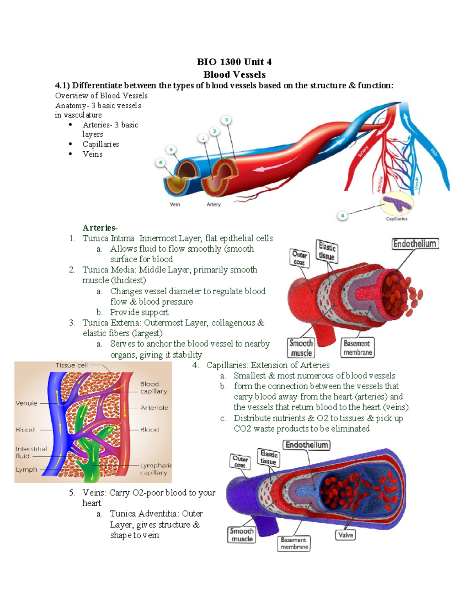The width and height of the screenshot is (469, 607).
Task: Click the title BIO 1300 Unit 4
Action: [x=234, y=62]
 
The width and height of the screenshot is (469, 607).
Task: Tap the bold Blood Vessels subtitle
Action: [x=234, y=74]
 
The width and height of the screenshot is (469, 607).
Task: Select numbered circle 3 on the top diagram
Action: [x=226, y=120]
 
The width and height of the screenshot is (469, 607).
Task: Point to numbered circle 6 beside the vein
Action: [x=160, y=163]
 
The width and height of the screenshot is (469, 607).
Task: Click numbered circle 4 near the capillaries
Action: [x=342, y=215]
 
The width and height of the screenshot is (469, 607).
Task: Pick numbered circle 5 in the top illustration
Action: [x=171, y=150]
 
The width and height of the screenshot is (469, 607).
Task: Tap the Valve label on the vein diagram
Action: [x=345, y=535]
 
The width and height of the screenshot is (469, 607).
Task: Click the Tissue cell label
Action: [x=71, y=365]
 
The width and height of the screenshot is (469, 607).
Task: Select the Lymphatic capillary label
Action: [x=156, y=469]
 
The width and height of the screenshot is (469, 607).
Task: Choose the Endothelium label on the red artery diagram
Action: [x=415, y=244]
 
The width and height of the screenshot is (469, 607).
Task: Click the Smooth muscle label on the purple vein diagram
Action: [x=242, y=535]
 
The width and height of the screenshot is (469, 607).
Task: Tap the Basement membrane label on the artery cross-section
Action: [x=357, y=347]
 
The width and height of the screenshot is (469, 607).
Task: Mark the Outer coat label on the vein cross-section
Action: [x=240, y=462]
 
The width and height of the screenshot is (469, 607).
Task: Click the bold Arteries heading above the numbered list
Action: [x=99, y=227]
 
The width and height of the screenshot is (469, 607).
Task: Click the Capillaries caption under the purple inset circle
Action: [x=396, y=219]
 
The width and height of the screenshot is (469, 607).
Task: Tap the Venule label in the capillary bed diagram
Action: [x=27, y=403]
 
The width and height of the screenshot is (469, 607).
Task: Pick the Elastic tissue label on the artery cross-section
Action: [x=327, y=251]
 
